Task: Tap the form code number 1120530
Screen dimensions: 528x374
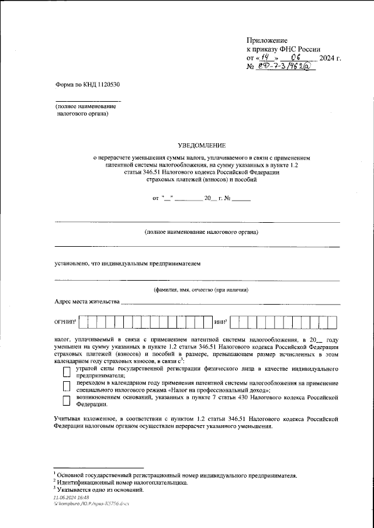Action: [105, 85]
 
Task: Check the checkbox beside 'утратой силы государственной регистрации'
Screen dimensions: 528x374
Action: [66, 372]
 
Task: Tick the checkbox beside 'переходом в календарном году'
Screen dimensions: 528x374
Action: [66, 386]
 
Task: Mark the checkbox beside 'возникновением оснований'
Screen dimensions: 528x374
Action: [66, 400]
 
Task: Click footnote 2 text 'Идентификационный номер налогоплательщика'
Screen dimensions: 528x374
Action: [122, 483]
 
